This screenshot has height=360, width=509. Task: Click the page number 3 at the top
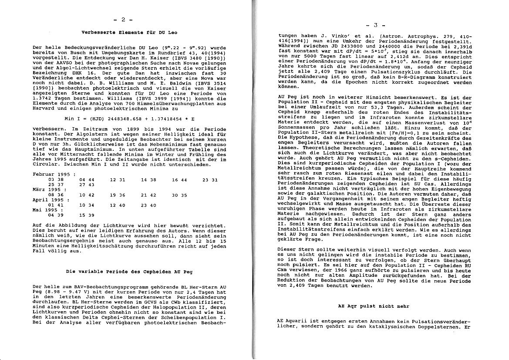(375, 25)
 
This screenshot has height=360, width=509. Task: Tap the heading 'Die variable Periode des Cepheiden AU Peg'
(129, 271)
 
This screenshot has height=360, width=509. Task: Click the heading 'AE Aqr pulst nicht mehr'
(374, 306)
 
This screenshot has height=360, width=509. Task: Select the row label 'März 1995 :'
(47, 190)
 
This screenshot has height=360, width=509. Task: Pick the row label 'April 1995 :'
(48, 200)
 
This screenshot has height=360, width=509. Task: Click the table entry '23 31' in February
(210, 179)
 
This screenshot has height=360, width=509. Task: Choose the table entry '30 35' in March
(179, 195)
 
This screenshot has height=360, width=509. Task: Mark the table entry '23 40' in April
(148, 205)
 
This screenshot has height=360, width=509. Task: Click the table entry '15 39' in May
(87, 215)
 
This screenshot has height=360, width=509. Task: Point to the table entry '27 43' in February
(87, 184)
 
